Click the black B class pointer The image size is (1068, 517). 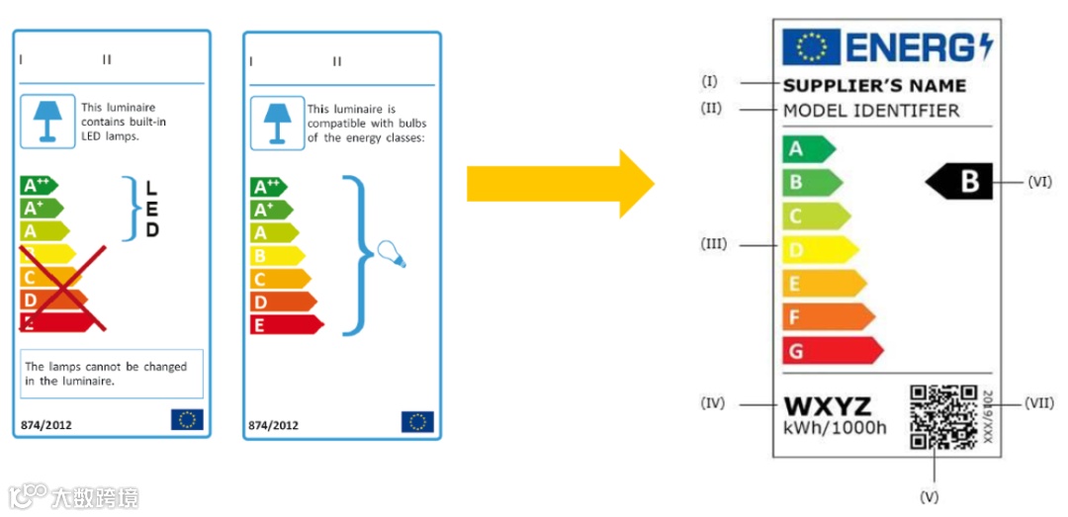[x=960, y=182]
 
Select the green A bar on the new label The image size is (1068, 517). [x=806, y=149]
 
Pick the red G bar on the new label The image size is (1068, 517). [x=831, y=350]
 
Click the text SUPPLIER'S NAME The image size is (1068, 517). [x=873, y=86]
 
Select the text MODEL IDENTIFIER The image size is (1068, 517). [x=870, y=110]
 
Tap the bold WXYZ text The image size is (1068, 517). [x=827, y=406]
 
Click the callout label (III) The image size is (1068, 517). [x=713, y=243]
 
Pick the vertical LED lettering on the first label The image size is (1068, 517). [x=151, y=209]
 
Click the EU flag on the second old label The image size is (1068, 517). [x=416, y=422]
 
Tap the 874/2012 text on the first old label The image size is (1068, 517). [x=45, y=425]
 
